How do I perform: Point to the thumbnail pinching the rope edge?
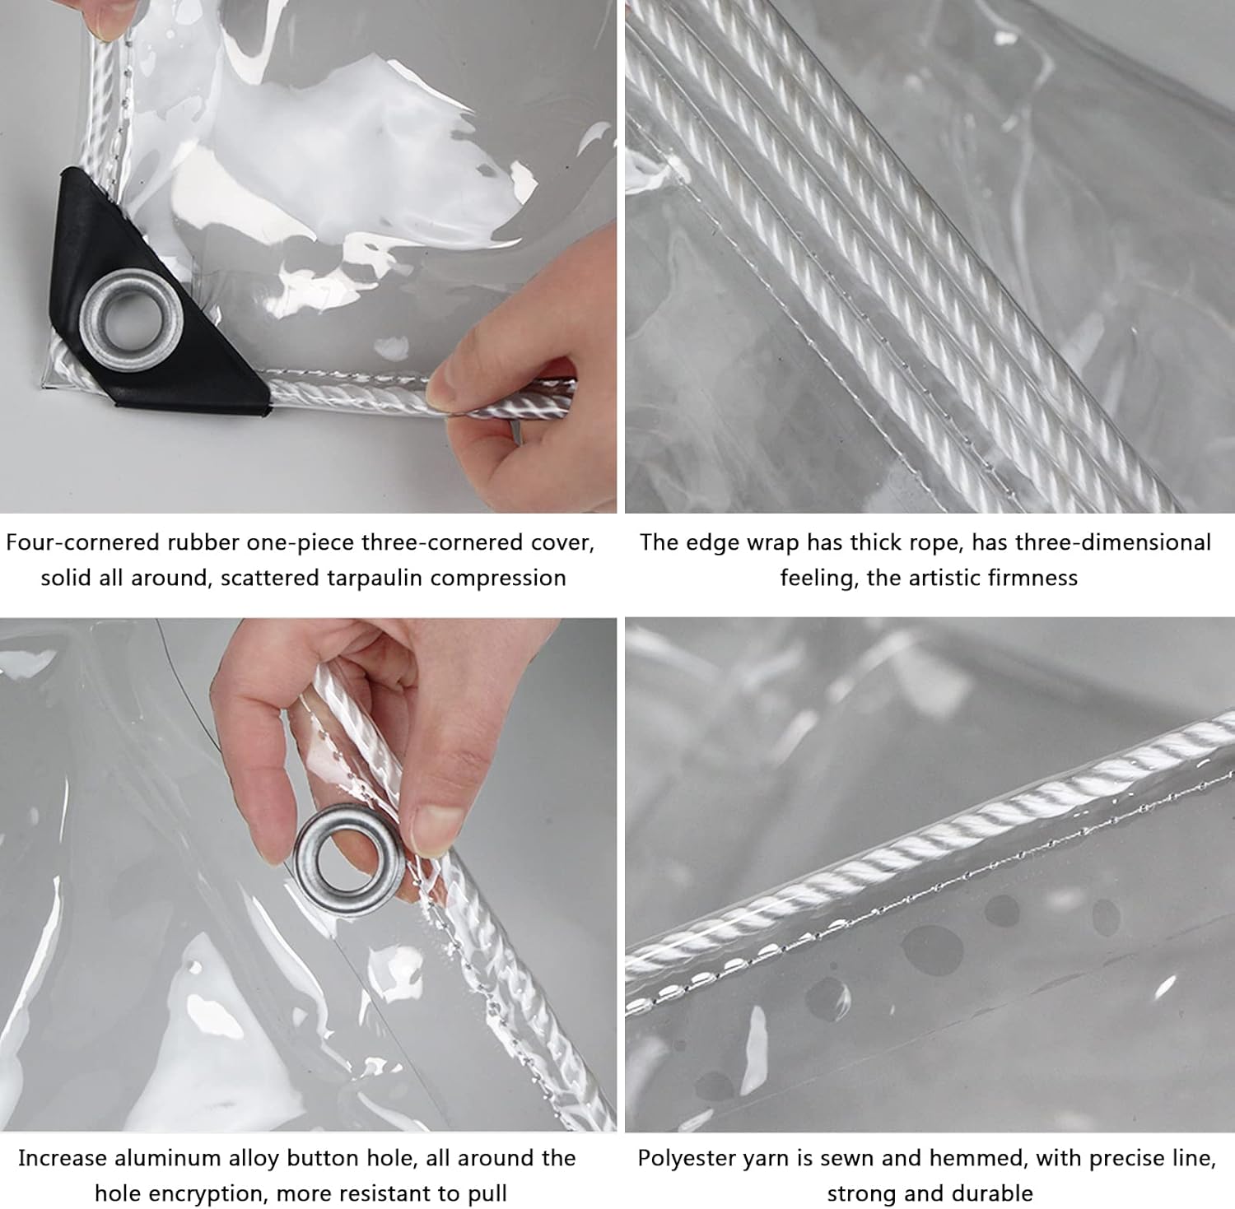click(451, 387)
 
